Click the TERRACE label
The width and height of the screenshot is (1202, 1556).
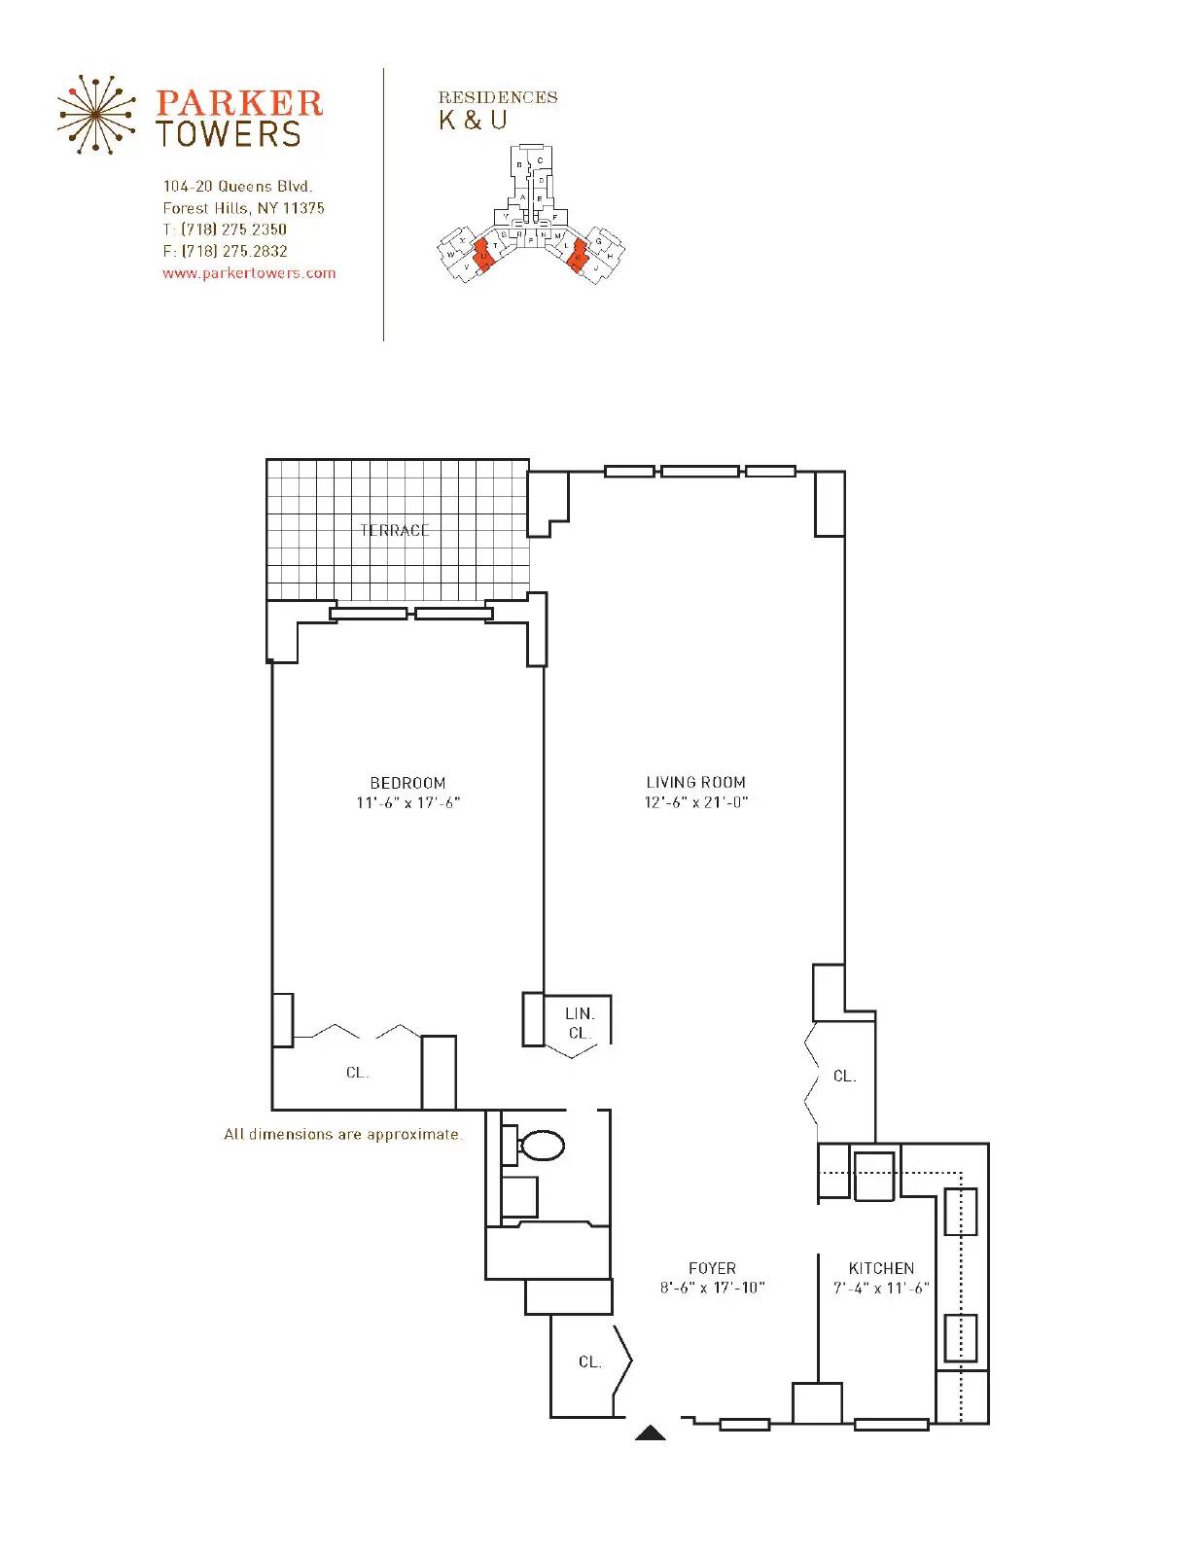coord(395,530)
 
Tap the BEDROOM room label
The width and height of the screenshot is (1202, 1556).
coord(407,783)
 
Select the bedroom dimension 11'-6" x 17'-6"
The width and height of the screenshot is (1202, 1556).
coord(407,803)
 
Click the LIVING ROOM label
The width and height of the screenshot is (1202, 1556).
coord(695,782)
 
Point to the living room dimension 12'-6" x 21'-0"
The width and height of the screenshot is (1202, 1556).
coord(695,802)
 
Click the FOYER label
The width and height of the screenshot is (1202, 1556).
coord(712,1268)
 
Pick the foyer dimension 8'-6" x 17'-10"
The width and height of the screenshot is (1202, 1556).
coord(712,1288)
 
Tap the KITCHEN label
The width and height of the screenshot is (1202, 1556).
coord(881,1268)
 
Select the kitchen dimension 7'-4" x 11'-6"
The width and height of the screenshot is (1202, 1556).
coord(881,1288)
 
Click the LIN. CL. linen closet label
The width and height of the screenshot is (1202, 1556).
coord(580,1023)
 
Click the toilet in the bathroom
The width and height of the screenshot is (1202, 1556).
coord(541,1146)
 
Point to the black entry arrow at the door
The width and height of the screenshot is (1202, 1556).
coord(651,1432)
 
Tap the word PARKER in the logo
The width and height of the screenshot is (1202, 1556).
coord(238,103)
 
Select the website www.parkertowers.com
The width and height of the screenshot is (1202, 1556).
coord(249,273)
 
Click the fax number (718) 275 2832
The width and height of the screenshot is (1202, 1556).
coord(233,251)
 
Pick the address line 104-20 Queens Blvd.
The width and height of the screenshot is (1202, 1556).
coord(237,186)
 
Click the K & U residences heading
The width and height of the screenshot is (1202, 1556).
coord(474,121)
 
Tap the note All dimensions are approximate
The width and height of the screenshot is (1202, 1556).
coord(343,1134)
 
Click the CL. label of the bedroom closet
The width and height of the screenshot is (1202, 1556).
coord(357,1073)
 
